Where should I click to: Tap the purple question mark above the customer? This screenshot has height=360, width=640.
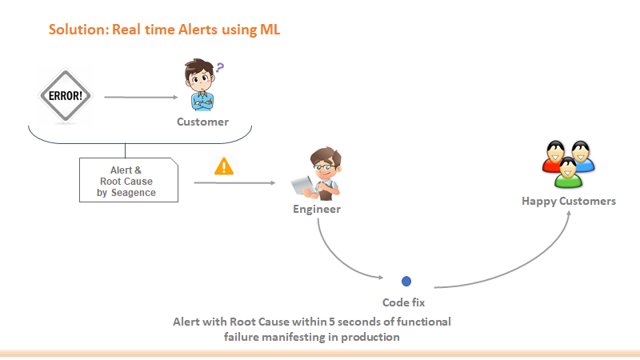[218, 70]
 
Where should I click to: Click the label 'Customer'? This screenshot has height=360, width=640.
[202, 122]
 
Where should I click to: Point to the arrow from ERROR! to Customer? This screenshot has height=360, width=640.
[140, 98]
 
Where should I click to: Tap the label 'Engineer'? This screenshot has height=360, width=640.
[316, 210]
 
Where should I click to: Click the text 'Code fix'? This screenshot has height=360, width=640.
[404, 302]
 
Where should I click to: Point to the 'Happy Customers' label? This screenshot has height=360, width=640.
[569, 201]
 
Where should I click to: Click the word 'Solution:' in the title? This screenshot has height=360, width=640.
[78, 30]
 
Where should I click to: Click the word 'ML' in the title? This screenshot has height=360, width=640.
[269, 30]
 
